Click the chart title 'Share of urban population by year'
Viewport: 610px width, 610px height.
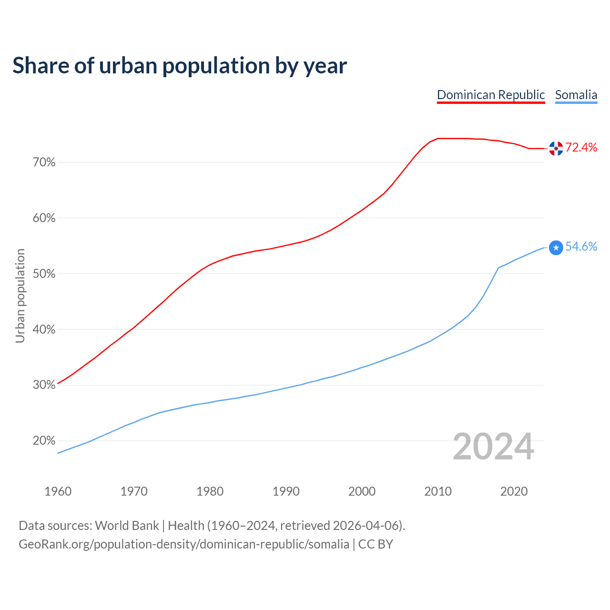(180, 66)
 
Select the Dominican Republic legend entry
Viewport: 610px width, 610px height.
(491, 95)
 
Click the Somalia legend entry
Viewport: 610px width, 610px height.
(576, 95)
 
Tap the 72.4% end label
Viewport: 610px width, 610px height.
(581, 148)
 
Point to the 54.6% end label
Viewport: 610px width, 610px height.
(581, 246)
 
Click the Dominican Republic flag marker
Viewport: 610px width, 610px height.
(556, 149)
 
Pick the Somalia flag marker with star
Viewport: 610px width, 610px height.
(556, 247)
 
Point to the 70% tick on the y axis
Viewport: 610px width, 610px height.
(44, 163)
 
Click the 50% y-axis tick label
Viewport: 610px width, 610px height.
(44, 274)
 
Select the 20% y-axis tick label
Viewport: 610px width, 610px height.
(44, 441)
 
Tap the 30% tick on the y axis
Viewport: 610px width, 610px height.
(44, 385)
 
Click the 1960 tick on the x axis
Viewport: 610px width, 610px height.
(58, 491)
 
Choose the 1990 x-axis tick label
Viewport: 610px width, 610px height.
(286, 491)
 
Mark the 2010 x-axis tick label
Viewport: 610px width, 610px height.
(438, 491)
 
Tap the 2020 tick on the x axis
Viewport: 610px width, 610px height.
(514, 491)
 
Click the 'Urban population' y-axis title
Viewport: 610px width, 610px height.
(20, 295)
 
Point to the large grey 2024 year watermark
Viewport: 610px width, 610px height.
(493, 447)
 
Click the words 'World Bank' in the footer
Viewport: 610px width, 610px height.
(127, 526)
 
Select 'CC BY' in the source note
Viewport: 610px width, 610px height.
(376, 544)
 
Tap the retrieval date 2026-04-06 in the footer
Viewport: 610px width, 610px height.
(365, 526)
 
